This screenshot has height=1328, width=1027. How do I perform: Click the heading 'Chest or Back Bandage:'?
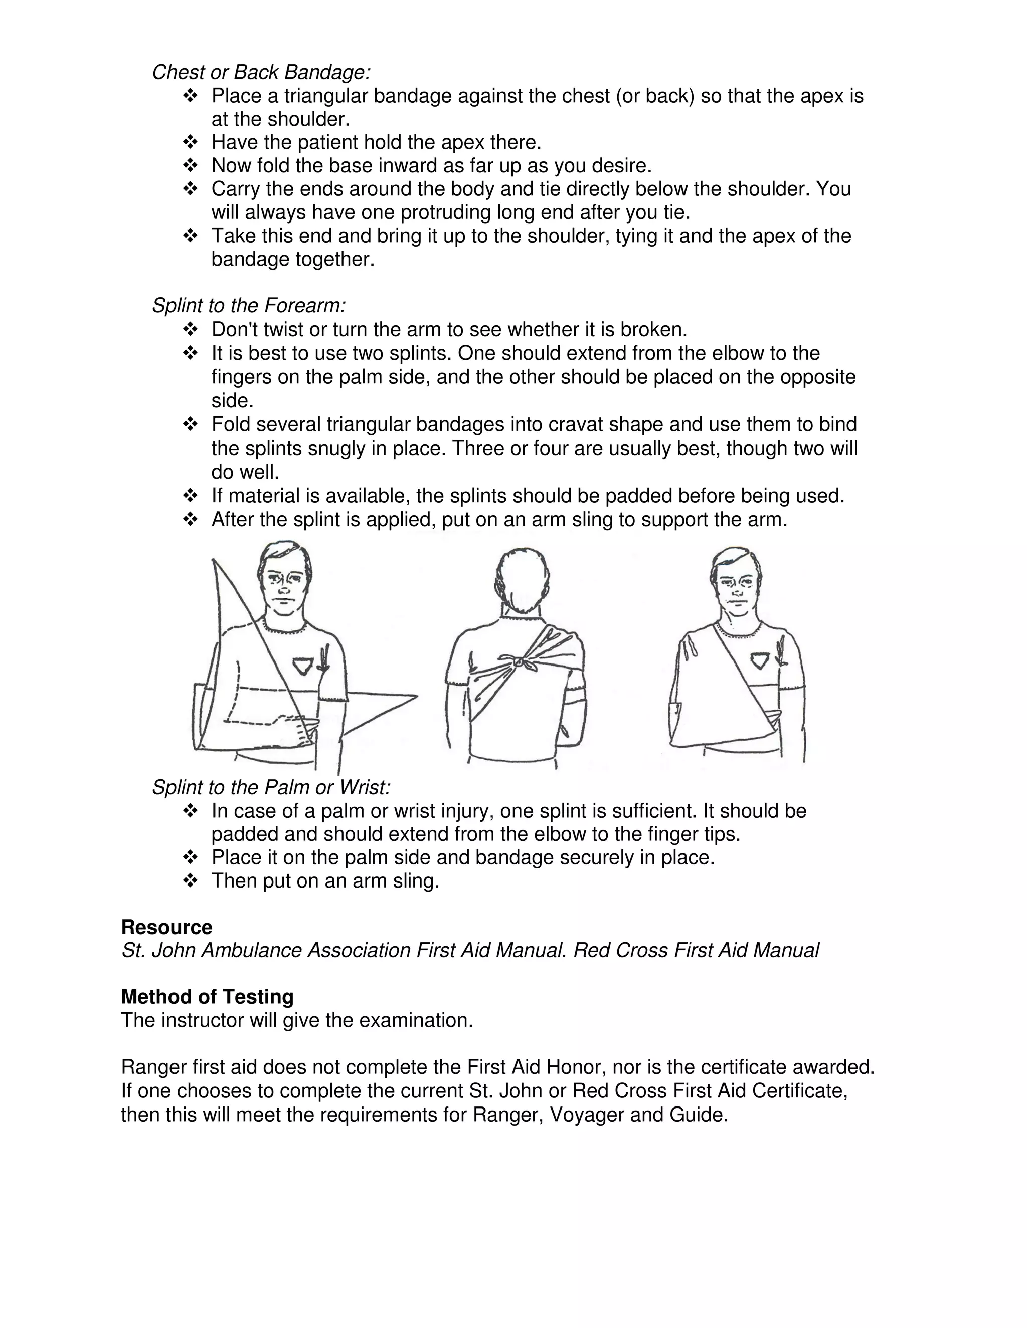click(261, 72)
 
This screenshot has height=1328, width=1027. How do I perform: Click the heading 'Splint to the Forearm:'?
click(249, 305)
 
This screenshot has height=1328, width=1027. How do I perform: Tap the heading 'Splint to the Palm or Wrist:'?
click(271, 787)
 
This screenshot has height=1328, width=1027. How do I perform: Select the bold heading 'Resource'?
click(166, 927)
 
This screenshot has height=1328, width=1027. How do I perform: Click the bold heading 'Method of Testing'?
click(207, 997)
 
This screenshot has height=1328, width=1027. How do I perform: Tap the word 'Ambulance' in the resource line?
click(252, 950)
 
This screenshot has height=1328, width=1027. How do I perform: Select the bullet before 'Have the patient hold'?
click(190, 143)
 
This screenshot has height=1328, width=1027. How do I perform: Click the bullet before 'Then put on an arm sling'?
click(190, 881)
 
